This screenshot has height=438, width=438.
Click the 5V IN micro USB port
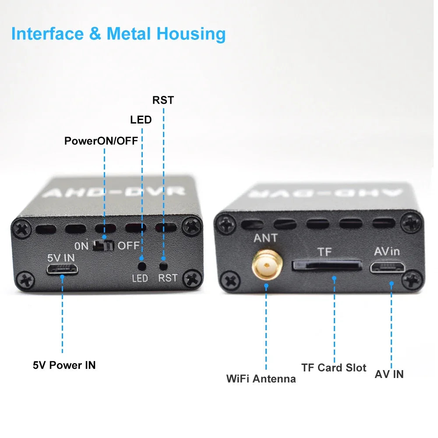click(62, 269)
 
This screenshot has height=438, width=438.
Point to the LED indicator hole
click(141, 265)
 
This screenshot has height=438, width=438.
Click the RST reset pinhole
click(164, 265)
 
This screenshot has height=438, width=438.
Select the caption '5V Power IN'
click(64, 365)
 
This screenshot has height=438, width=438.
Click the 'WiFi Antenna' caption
click(261, 378)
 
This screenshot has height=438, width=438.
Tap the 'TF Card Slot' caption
click(333, 367)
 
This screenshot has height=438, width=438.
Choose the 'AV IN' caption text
click(389, 374)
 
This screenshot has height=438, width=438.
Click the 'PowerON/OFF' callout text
click(101, 141)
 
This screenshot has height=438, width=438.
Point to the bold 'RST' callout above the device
click(163, 100)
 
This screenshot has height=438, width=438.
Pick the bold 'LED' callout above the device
click(141, 120)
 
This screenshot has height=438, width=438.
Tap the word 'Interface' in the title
click(49, 34)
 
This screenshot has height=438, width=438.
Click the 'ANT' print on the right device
click(265, 238)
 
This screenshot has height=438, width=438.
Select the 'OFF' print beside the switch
click(128, 246)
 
